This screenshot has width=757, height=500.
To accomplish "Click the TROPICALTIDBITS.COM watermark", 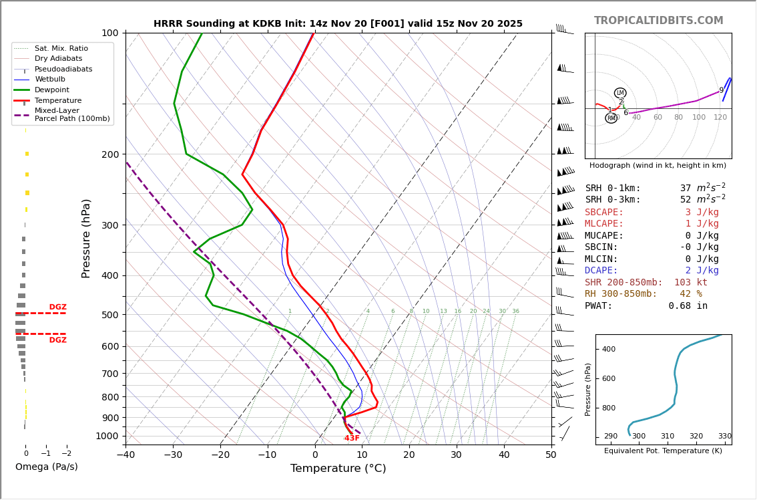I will pyautogui.click(x=658, y=21).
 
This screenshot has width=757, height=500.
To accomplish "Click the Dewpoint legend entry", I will pyautogui.click(x=52, y=90).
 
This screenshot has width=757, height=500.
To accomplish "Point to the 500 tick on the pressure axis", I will pyautogui.click(x=109, y=315).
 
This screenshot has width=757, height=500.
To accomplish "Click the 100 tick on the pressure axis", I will pyautogui.click(x=109, y=33).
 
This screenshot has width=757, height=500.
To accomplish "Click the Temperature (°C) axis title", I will pyautogui.click(x=338, y=469).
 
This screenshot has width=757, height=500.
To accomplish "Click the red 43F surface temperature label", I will pyautogui.click(x=352, y=439).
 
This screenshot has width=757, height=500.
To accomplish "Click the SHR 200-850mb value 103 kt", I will pyautogui.click(x=690, y=283).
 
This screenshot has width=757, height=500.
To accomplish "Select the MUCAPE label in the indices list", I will pyautogui.click(x=604, y=236).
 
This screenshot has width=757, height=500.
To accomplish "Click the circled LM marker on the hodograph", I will pyautogui.click(x=620, y=93).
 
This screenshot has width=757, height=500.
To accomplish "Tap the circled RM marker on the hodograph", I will pyautogui.click(x=611, y=118).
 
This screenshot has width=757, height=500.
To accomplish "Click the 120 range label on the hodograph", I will pyautogui.click(x=720, y=118).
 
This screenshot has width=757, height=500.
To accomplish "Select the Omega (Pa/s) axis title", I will pyautogui.click(x=46, y=467).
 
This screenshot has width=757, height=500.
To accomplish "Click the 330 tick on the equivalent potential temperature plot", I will pyautogui.click(x=724, y=436).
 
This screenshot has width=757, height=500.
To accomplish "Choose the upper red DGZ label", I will pyautogui.click(x=58, y=307).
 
